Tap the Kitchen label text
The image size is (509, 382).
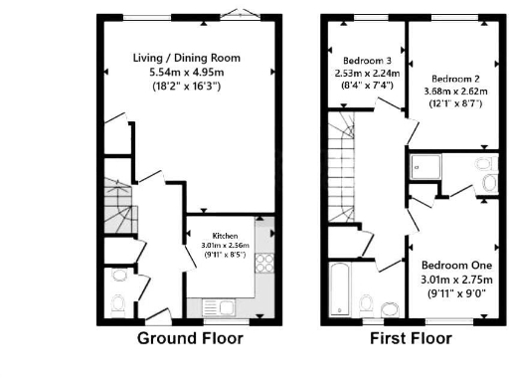pyautogui.click(x=225, y=235)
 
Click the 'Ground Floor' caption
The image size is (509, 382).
pyautogui.click(x=189, y=338)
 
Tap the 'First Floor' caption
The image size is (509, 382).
pyautogui.click(x=411, y=338)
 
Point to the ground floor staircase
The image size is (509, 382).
pyautogui.click(x=117, y=211)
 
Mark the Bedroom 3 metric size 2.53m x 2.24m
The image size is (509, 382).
pyautogui.click(x=361, y=73)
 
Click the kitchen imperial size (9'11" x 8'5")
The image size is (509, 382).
pyautogui.click(x=225, y=255)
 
